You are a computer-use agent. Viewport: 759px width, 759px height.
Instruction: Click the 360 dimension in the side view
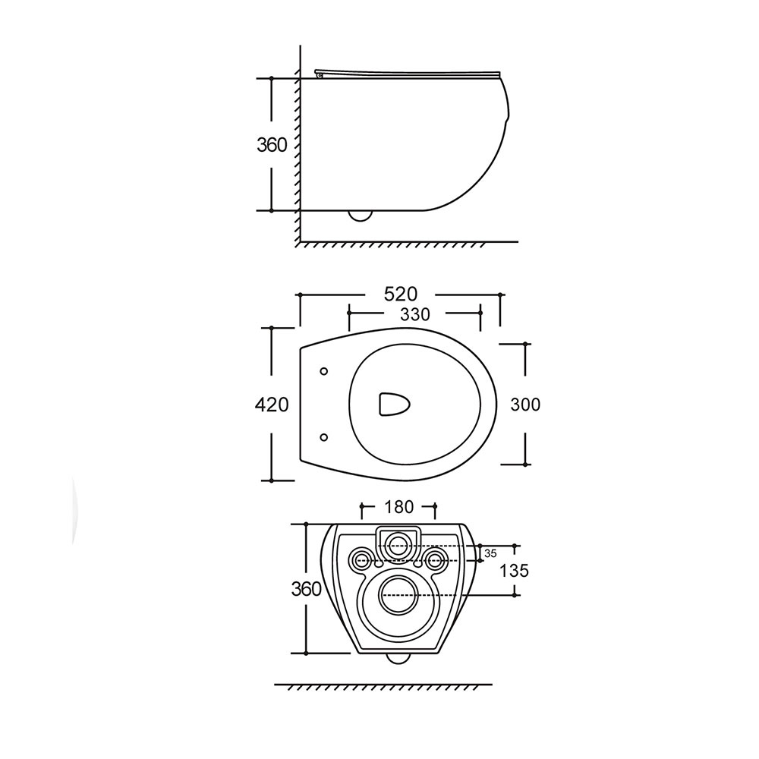272,145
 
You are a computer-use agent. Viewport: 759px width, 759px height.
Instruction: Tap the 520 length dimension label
400,294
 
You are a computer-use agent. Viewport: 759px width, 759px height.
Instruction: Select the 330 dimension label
415,315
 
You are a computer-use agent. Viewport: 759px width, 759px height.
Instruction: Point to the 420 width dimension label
272,405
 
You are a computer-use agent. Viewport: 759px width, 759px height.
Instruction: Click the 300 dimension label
525,405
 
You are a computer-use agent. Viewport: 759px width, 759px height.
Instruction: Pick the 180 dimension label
399,507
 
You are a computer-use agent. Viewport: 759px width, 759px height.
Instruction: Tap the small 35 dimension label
490,553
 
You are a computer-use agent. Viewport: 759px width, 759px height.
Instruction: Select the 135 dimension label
514,571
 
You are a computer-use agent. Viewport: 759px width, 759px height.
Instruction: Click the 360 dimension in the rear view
306,589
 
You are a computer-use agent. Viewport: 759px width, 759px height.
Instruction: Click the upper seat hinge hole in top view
324,371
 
